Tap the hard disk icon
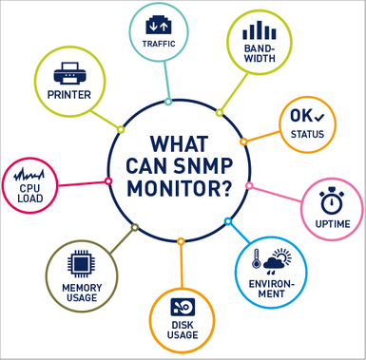pos(183,307)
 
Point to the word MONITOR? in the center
pos(179,187)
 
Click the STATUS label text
pos(305,135)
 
